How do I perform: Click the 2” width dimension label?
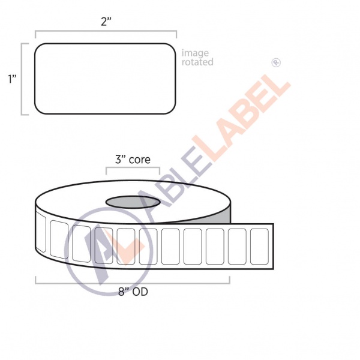click(106, 22)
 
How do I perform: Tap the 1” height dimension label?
click(12, 79)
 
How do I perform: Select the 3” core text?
click(133, 160)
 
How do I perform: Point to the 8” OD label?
click(133, 292)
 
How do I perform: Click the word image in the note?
click(195, 53)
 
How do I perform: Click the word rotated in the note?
click(197, 62)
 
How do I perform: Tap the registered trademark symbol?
click(276, 62)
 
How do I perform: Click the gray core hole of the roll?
click(133, 202)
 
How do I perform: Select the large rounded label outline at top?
click(35, 79)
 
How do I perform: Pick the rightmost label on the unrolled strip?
click(259, 247)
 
